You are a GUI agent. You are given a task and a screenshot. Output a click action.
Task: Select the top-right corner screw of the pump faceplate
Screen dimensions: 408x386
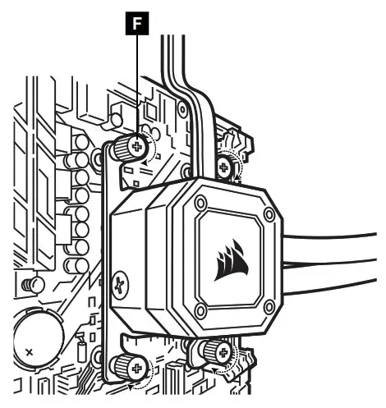point(269,214)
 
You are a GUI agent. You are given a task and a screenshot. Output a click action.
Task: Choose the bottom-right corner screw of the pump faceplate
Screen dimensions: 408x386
point(269,307)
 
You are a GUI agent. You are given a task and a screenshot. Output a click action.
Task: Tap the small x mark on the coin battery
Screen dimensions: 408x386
point(30,351)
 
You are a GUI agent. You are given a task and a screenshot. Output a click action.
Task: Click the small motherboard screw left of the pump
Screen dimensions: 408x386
point(34,285)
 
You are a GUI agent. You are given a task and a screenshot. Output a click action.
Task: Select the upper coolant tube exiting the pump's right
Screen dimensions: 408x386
point(337,242)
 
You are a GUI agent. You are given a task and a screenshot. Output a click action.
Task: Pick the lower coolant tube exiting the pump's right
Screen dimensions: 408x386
point(337,275)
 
